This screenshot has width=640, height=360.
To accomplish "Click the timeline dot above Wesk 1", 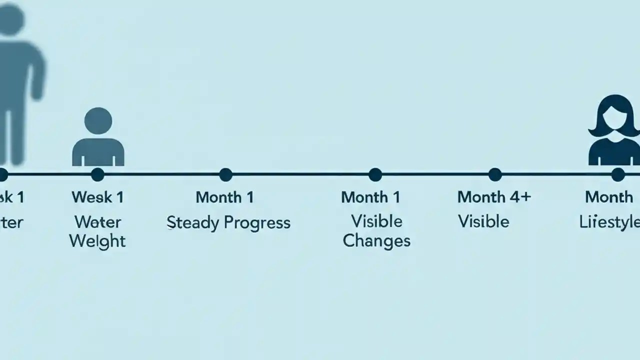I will point(97,174).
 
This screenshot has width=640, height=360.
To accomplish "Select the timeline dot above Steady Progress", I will point(226,174).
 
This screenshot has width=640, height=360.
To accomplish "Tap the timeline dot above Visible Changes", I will point(375,174).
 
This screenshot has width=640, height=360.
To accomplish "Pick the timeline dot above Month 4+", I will point(495,174).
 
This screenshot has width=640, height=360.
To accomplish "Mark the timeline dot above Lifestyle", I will point(618,174).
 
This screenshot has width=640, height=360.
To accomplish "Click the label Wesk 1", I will point(97,197).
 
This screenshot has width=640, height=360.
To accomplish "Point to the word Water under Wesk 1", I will point(98,221).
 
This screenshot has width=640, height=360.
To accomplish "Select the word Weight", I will point(97,241).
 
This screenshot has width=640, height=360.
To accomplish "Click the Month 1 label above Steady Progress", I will point(224,197).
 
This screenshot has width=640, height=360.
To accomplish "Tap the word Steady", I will point(192,223).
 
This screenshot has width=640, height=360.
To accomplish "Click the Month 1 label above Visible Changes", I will point(370,197).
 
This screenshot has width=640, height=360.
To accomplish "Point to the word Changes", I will point(376,240).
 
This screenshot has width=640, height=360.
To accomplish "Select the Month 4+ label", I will point(494,197).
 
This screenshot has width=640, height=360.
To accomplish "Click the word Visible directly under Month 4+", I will point(483,221).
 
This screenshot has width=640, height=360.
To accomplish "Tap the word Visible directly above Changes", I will point(376,221).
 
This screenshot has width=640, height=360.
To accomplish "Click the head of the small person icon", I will point(98,121).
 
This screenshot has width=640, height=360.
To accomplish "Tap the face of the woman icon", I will point(613,118).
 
